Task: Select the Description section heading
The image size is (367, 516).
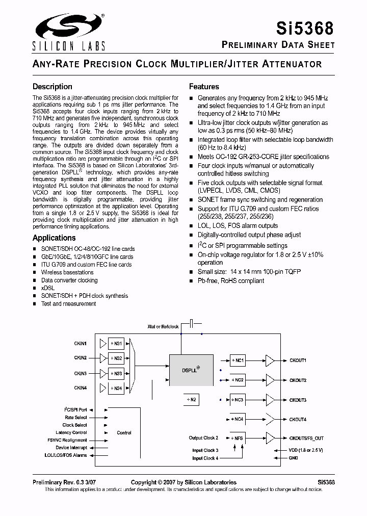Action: (x=53, y=87)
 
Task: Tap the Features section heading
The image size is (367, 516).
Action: (x=204, y=87)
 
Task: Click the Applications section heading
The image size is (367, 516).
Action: (x=54, y=238)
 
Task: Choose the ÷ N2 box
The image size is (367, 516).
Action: (x=190, y=399)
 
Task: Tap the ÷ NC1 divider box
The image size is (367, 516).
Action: (x=238, y=360)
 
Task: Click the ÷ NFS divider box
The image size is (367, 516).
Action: (x=238, y=438)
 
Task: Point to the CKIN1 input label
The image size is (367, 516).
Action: (x=81, y=344)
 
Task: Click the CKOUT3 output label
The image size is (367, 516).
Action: (x=298, y=400)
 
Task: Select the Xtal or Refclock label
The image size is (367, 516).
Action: (x=163, y=326)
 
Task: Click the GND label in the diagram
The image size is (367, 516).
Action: (x=293, y=457)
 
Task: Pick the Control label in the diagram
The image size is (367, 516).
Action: (x=124, y=432)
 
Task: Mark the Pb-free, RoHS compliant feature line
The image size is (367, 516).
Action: (x=230, y=281)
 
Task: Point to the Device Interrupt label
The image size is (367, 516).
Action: (x=71, y=448)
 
